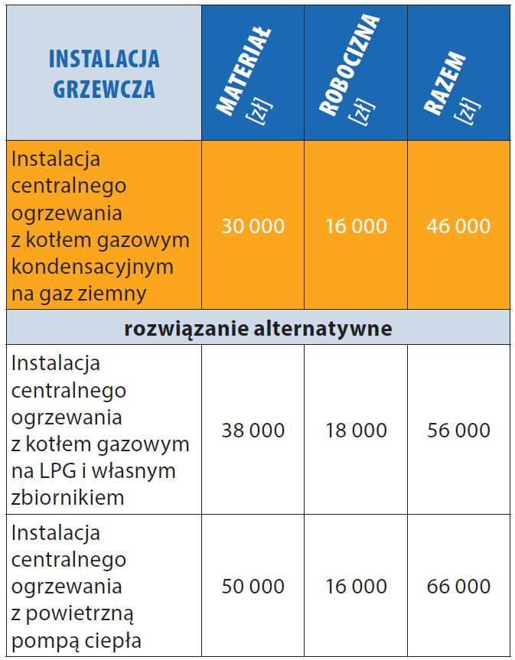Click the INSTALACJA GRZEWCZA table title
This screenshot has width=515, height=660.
[103, 73]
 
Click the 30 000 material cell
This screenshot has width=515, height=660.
[253, 226]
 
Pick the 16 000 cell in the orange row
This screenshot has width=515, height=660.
[356, 226]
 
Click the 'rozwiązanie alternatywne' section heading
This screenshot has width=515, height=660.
[258, 328]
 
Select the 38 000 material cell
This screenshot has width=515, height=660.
[253, 431]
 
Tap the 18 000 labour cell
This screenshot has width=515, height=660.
[356, 431]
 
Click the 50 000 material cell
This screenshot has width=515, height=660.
[253, 587]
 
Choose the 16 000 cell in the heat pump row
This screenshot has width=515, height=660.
[356, 587]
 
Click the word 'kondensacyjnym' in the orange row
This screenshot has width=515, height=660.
[93, 268]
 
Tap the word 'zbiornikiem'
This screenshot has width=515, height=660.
[67, 498]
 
